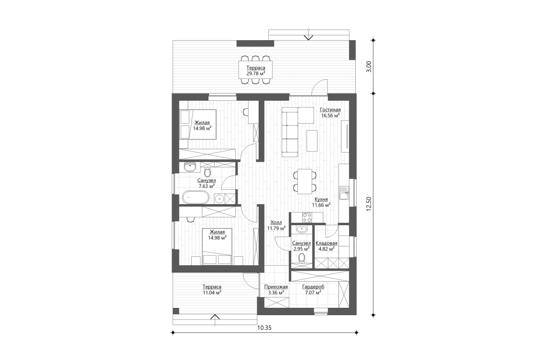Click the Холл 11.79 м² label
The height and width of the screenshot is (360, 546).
pyautogui.click(x=276, y=225)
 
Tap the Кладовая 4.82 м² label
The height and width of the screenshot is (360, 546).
pyautogui.click(x=327, y=246)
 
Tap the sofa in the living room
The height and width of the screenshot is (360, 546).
pyautogui.click(x=290, y=131)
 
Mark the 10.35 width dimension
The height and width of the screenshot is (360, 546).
pyautogui.click(x=264, y=327)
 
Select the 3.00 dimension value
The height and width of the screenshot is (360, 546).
pyautogui.click(x=369, y=66)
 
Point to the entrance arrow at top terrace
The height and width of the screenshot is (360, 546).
pyautogui.click(x=309, y=36)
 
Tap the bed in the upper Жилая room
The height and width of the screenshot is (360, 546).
pyautogui.click(x=198, y=124)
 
